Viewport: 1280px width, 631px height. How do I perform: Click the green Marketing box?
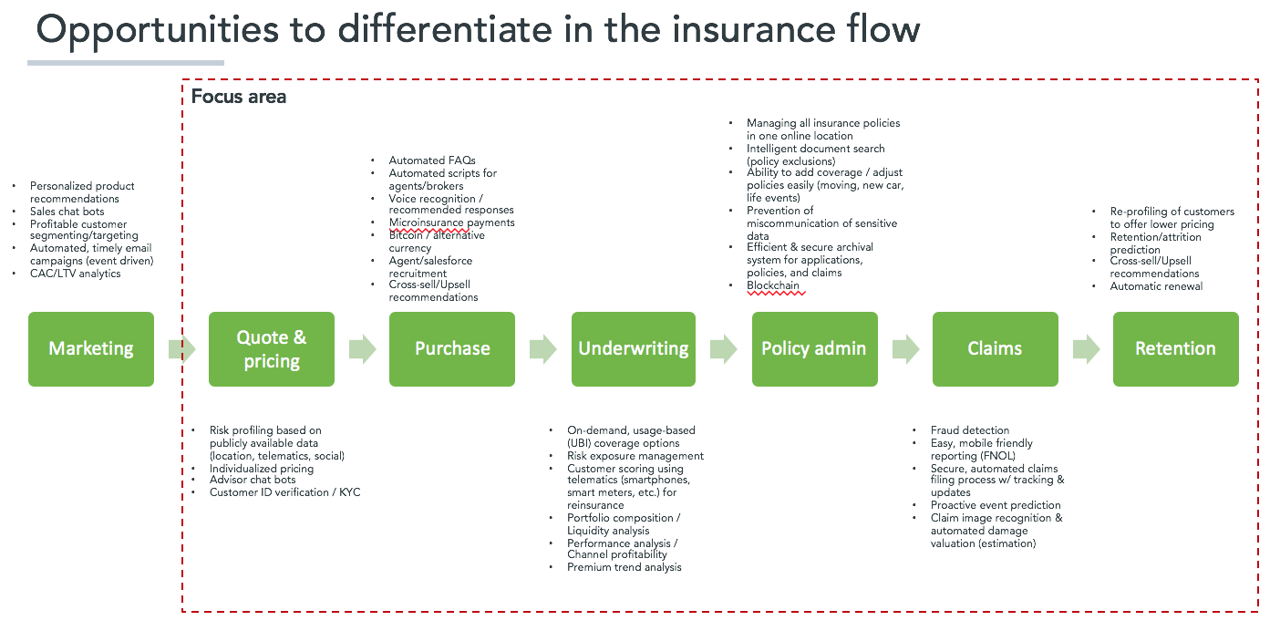click(x=91, y=348)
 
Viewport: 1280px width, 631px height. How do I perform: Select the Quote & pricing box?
click(x=272, y=348)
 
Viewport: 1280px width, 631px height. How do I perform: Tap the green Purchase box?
click(x=452, y=348)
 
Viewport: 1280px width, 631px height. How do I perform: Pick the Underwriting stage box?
click(x=634, y=348)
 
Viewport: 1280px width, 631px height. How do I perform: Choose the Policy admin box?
click(x=814, y=348)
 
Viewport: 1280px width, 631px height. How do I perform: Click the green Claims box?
click(x=995, y=348)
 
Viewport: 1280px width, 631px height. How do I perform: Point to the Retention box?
click(x=1175, y=348)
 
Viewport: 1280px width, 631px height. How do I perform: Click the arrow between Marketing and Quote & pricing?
click(x=181, y=348)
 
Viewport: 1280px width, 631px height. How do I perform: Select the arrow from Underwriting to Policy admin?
click(x=724, y=348)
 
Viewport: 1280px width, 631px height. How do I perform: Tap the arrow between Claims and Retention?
click(x=1086, y=348)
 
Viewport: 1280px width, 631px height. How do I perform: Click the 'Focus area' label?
click(x=239, y=97)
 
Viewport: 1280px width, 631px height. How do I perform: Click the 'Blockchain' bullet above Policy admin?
click(x=772, y=285)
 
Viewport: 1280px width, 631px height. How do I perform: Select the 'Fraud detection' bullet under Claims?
click(x=969, y=430)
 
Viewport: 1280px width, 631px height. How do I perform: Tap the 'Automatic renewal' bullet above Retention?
click(x=1156, y=286)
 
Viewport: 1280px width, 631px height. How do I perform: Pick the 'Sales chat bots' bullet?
click(x=67, y=212)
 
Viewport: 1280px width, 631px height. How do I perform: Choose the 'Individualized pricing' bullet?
click(x=262, y=469)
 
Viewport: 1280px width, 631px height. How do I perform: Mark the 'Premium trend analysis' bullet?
click(x=624, y=567)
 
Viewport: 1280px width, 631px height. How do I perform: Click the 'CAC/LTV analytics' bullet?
click(x=75, y=274)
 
